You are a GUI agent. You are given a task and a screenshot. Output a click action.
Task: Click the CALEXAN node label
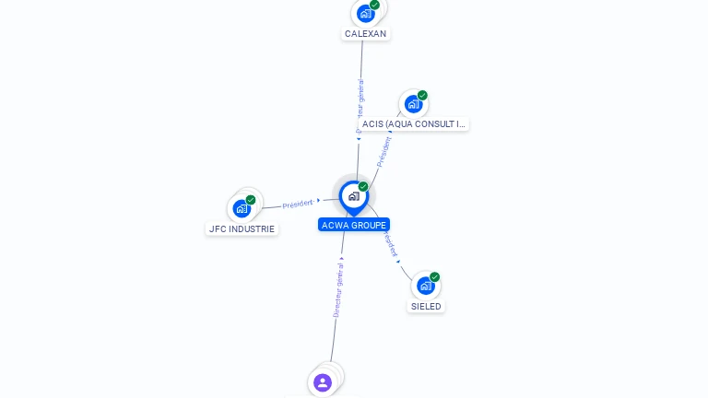pyautogui.click(x=365, y=34)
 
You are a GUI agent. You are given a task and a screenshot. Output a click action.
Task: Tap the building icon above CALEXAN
pyautogui.click(x=365, y=14)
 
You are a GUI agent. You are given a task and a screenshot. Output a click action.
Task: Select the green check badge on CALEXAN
pyautogui.click(x=374, y=5)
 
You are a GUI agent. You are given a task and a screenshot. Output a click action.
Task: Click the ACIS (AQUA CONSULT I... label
pyautogui.click(x=414, y=123)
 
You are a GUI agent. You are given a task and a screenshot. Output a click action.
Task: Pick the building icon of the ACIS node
pyautogui.click(x=413, y=104)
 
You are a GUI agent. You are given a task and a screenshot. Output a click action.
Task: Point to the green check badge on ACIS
pyautogui.click(x=422, y=95)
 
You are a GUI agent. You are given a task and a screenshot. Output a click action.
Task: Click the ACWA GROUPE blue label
pyautogui.click(x=354, y=225)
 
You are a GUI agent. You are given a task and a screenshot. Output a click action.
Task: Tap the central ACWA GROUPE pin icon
pyautogui.click(x=353, y=196)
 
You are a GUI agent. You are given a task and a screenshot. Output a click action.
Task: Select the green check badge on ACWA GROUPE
pyautogui.click(x=363, y=187)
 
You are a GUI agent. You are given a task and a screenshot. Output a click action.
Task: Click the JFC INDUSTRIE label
pyautogui.click(x=242, y=228)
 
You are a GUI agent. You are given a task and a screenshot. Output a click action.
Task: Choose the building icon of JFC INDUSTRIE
pyautogui.click(x=242, y=209)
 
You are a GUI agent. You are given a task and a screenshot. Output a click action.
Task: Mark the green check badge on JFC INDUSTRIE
pyautogui.click(x=251, y=200)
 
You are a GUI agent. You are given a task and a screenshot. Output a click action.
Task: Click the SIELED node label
pyautogui.click(x=426, y=306)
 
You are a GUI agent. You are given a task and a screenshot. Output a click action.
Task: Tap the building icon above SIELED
pyautogui.click(x=425, y=286)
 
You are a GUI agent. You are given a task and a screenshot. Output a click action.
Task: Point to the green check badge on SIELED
pyautogui.click(x=434, y=276)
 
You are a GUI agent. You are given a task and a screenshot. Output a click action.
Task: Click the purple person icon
pyautogui.click(x=323, y=382)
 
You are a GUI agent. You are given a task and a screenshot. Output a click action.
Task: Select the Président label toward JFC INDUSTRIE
pyautogui.click(x=298, y=204)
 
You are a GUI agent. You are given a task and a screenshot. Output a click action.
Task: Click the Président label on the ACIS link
pyautogui.click(x=383, y=151)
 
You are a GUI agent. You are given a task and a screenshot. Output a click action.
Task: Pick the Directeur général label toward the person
pyautogui.click(x=338, y=290)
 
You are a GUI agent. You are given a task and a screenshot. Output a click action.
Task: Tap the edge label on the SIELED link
pyautogui.click(x=392, y=245)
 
